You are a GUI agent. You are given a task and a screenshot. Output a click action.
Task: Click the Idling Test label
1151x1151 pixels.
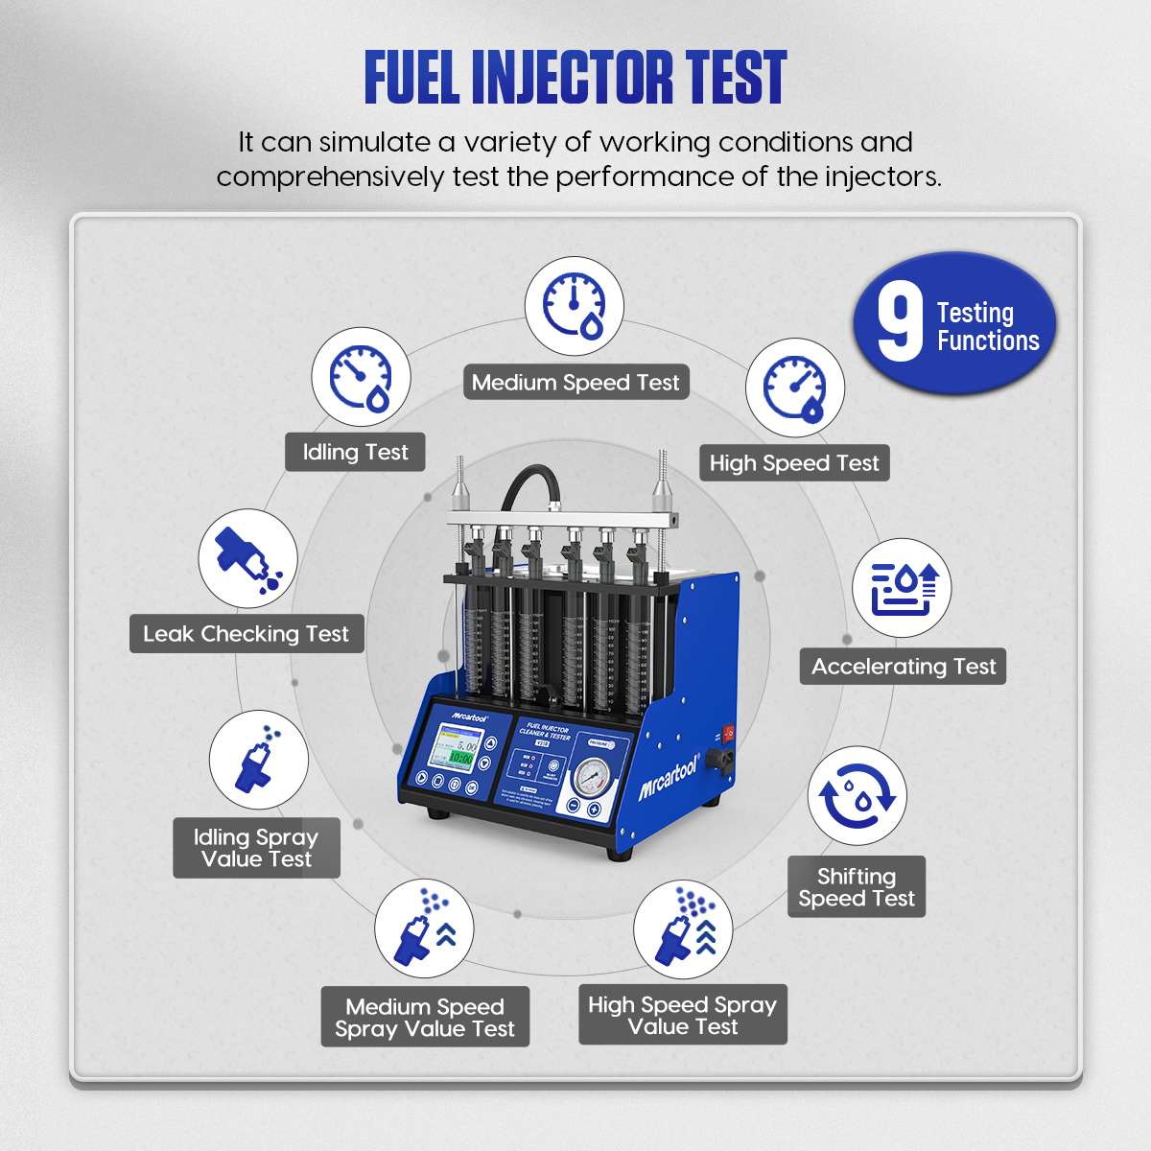(355, 453)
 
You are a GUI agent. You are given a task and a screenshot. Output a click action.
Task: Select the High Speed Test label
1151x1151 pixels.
(793, 463)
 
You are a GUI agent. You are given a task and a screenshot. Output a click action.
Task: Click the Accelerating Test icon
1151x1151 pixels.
(902, 589)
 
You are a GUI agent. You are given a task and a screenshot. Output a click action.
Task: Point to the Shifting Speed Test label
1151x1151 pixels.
(857, 887)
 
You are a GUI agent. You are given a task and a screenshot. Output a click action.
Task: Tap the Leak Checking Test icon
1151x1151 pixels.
(247, 558)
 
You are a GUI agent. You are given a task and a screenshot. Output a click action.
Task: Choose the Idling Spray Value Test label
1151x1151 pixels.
(256, 848)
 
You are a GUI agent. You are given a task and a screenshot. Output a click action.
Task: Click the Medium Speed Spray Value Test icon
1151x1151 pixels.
(424, 930)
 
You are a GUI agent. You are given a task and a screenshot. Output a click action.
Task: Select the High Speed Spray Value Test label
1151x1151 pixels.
(682, 1015)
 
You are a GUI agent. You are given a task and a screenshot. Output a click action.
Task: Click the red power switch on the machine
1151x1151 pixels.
(729, 734)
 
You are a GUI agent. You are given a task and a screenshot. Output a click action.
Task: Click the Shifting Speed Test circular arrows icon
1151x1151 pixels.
(857, 797)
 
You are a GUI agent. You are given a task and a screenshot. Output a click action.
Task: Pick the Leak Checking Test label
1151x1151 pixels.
(247, 634)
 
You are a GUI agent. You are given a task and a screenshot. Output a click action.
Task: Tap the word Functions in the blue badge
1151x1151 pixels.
(988, 341)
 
